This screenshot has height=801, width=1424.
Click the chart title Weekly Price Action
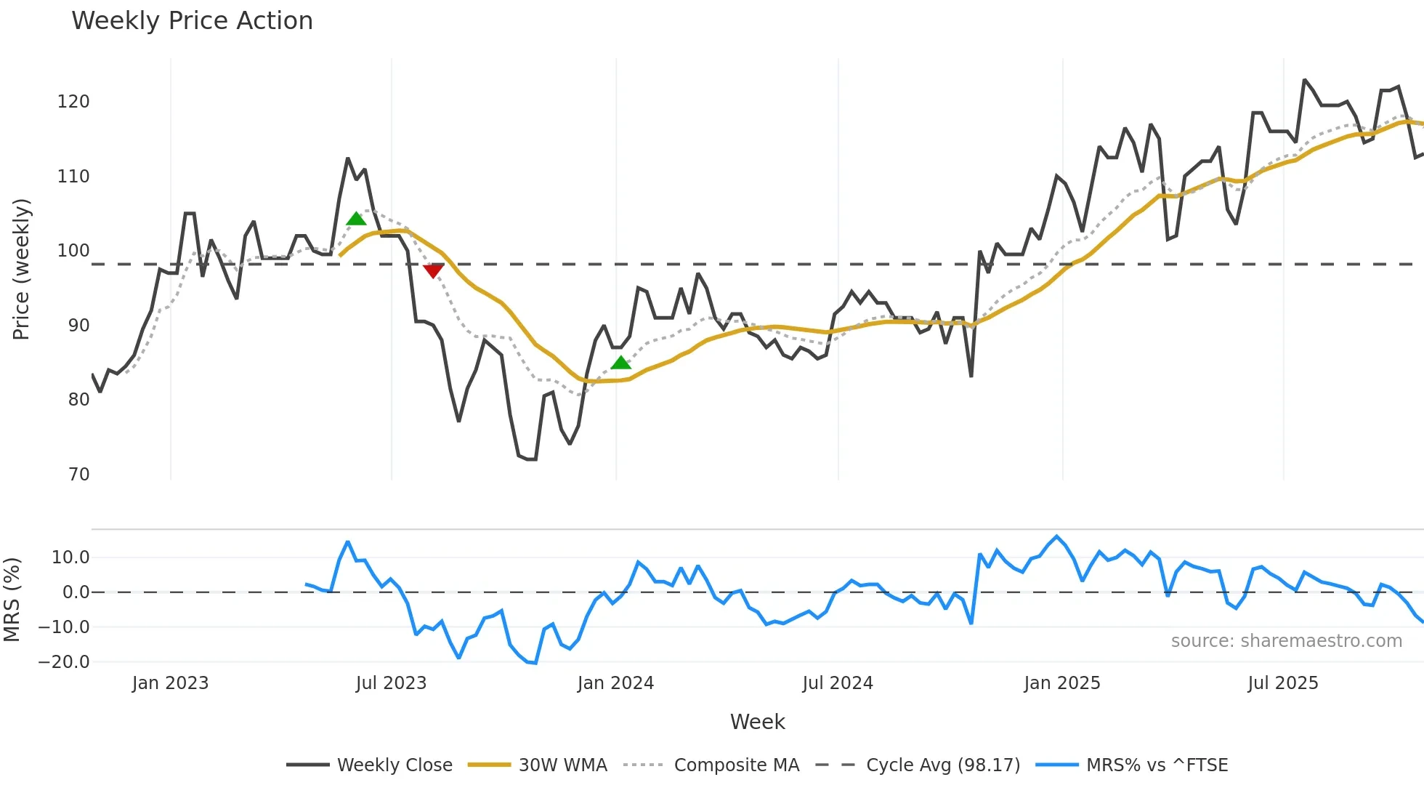[192, 21]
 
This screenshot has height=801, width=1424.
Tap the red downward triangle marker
[433, 271]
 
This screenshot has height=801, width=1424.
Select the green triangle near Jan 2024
[620, 363]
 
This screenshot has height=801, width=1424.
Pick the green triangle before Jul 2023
[356, 219]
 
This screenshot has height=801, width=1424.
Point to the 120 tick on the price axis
[73, 102]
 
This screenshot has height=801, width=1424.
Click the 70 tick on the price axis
[78, 475]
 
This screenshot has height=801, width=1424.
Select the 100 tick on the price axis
[73, 251]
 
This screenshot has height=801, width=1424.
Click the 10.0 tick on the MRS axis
[70, 558]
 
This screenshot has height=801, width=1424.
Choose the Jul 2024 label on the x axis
[838, 683]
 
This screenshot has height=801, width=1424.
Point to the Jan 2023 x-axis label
[170, 683]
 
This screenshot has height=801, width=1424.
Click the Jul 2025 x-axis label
[1283, 683]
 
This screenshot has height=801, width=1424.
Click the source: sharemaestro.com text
[1286, 641]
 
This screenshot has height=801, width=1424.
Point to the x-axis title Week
[757, 722]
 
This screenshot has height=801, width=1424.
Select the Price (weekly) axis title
[21, 269]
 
